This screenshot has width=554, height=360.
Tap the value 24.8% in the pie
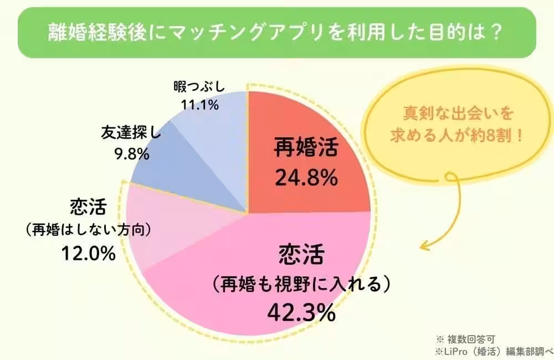[x=306, y=178]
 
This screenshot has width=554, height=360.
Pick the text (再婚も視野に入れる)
[x=301, y=285]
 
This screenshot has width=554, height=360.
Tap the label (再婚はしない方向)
[x=89, y=229]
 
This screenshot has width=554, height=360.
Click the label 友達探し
[x=131, y=133]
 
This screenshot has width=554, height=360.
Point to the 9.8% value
[x=131, y=154]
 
